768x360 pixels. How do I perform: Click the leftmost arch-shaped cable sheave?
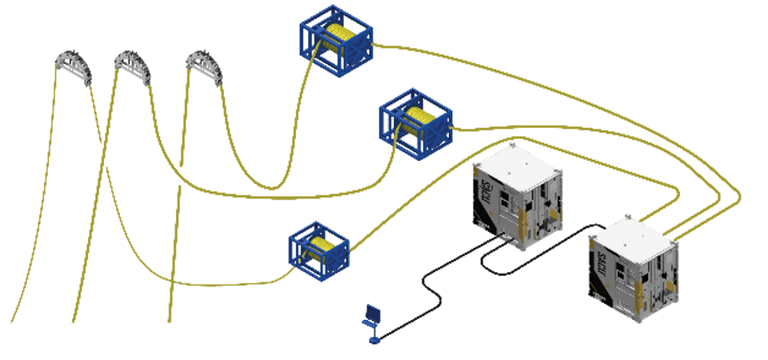[74, 68]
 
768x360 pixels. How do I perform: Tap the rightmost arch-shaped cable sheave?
[205, 66]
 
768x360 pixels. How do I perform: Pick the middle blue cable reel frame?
[415, 124]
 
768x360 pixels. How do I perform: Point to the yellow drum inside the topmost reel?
[341, 35]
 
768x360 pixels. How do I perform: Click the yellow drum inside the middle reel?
[420, 119]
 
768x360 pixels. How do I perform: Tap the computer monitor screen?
[372, 312]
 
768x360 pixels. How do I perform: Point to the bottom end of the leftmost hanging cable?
[13, 320]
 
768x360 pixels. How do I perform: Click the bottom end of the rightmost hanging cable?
[170, 320]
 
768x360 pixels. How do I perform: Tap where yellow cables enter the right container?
[664, 227]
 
